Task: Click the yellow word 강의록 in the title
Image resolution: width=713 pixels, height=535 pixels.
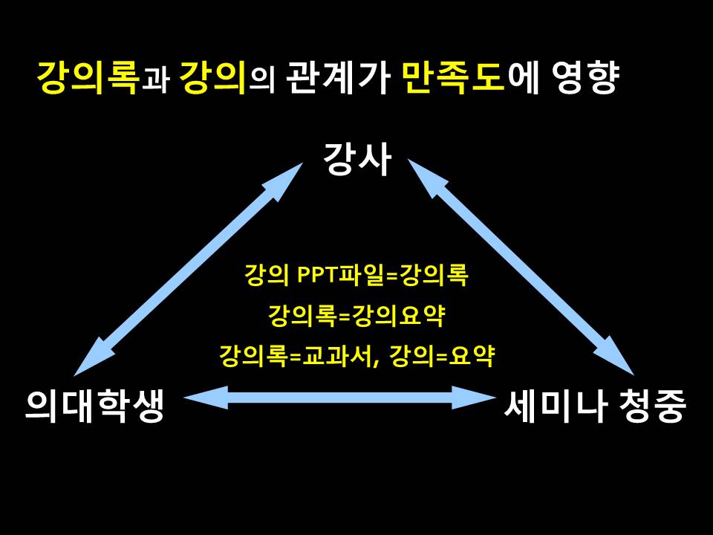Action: tap(88, 77)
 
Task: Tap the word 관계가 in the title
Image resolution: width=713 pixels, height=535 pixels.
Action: tap(338, 77)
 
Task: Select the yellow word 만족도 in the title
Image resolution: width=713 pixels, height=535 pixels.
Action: tap(454, 77)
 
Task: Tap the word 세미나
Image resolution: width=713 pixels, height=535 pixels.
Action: tap(556, 406)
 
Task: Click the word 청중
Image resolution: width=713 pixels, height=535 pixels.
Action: tap(652, 406)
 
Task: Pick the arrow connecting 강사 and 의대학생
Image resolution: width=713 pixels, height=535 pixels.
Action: tap(188, 270)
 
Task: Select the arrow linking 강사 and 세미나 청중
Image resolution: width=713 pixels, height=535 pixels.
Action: tap(521, 267)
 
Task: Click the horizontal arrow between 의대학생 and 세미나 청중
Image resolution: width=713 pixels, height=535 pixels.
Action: tap(339, 398)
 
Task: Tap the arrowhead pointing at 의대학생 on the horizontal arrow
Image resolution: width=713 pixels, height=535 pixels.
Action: tap(206, 398)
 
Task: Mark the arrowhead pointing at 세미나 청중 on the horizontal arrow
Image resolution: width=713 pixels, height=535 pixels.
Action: tap(475, 398)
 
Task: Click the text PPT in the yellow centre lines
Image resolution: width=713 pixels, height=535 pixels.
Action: tap(316, 274)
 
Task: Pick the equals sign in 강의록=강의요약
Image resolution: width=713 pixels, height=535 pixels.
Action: tap(344, 316)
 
